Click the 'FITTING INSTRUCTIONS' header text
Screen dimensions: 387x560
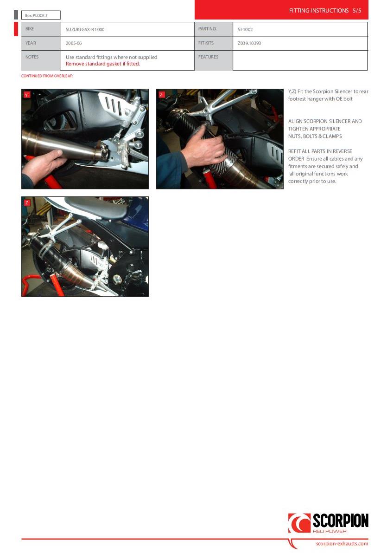coord(318,11)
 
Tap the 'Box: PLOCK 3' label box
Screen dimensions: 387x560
coord(41,15)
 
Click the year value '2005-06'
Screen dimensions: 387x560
coord(74,43)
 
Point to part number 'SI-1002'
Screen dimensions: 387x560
coord(245,30)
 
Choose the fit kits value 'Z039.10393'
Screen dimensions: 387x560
coord(249,43)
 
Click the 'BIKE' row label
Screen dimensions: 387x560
coord(30,29)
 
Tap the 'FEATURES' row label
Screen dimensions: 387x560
coord(208,57)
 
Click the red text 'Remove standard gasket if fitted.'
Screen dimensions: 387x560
coord(103,64)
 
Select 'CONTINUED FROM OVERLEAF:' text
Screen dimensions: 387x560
coord(47,76)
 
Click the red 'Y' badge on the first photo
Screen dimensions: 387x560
coord(26,95)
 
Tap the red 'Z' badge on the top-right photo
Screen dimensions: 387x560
coord(161,95)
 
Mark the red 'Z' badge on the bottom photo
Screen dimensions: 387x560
coord(27,202)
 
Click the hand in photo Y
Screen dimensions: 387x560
coord(41,165)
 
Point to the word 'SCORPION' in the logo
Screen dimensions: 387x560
coord(340,521)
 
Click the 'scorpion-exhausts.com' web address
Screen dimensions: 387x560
coord(342,543)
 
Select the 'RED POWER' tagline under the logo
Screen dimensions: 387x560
coord(330,531)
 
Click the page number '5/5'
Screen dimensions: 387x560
coord(357,11)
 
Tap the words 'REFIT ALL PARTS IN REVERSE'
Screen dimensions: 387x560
coord(320,151)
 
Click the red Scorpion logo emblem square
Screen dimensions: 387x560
coord(299,523)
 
